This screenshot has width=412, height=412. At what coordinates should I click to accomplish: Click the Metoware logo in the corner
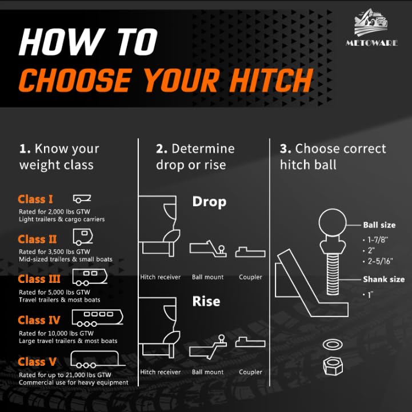(371, 27)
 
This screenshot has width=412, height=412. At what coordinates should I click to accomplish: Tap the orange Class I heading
(35, 199)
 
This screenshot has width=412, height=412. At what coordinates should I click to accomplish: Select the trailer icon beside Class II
(83, 237)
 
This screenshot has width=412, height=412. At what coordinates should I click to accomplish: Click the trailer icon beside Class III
(90, 277)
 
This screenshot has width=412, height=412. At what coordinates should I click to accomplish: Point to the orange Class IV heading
(39, 320)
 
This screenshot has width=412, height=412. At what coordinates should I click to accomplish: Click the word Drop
(209, 202)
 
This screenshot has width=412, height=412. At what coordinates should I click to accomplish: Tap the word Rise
(206, 301)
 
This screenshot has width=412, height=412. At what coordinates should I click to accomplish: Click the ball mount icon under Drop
(208, 249)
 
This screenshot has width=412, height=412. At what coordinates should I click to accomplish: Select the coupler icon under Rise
(250, 342)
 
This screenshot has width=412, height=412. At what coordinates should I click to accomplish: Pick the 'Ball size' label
(379, 225)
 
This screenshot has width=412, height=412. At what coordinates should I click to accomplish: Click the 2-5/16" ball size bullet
(378, 261)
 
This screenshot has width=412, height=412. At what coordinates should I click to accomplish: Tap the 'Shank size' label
(383, 279)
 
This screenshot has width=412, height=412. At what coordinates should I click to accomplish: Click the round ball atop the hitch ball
(333, 222)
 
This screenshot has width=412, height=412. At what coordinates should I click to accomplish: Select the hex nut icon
(333, 366)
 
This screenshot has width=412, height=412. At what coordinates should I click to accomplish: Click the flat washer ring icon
(333, 344)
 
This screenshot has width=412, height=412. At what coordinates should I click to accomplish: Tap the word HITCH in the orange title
(272, 80)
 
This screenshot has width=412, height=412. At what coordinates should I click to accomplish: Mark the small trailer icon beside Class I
(82, 199)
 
